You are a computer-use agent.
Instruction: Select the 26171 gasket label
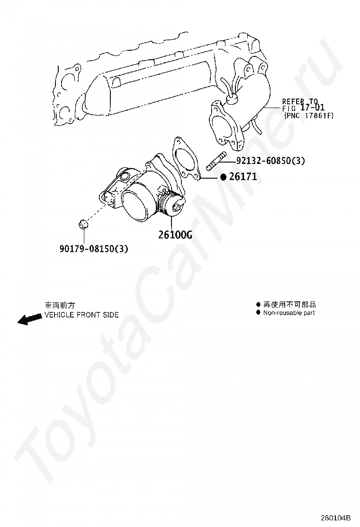[x=243, y=177]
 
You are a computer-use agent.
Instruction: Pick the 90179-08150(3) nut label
[x=94, y=248]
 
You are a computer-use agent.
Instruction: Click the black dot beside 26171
[x=224, y=177]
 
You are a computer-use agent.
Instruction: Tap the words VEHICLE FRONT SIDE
[x=81, y=315]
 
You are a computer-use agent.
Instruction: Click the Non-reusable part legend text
[x=289, y=313]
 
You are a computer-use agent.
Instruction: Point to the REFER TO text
[x=300, y=101]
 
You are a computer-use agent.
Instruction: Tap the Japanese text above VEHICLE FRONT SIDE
[x=60, y=306]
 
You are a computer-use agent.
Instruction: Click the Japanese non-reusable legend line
[x=289, y=305]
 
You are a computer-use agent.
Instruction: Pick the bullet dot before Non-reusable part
[x=258, y=313]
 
